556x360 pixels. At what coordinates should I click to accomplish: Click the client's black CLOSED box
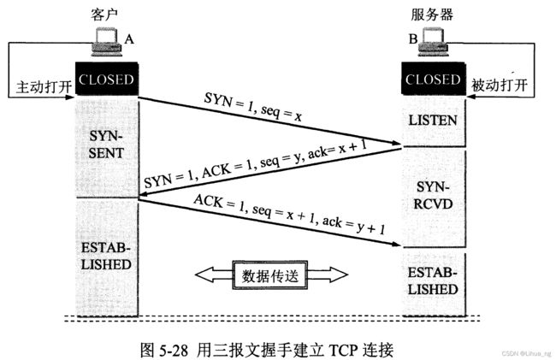106,79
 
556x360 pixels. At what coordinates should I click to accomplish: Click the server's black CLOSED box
433,79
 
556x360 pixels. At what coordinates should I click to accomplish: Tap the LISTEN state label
433,121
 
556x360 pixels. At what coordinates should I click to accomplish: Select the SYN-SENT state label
106,145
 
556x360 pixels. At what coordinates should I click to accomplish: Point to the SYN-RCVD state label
433,196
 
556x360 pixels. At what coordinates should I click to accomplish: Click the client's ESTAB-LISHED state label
106,256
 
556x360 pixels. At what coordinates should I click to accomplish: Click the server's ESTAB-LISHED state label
433,281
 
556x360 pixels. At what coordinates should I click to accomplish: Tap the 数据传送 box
270,275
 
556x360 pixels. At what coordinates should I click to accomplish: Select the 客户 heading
104,15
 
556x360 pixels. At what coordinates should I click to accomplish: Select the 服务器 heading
432,15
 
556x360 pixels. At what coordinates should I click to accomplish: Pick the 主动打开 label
44,87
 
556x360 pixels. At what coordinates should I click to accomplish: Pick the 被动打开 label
500,86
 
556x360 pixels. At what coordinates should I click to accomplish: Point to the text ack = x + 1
337,149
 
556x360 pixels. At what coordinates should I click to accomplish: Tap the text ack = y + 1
353,226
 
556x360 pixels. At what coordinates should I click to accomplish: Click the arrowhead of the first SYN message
396,143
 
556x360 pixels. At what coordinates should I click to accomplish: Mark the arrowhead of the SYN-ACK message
145,194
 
